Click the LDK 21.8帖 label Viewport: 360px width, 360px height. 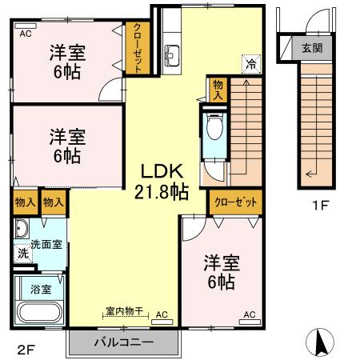[x=165, y=181]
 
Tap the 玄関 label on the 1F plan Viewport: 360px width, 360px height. [x=312, y=46]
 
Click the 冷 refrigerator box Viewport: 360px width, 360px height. [x=251, y=63]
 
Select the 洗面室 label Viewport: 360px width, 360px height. [x=46, y=244]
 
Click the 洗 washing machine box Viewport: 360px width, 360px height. [x=22, y=253]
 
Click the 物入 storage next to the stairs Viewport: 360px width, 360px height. [x=217, y=87]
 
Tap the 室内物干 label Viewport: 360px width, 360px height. [x=124, y=310]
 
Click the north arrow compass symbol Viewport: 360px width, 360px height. [x=322, y=343]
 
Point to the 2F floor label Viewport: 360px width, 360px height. [x=26, y=348]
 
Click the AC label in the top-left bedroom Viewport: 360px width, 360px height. [x=26, y=33]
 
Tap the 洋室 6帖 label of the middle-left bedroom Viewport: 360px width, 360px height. [x=66, y=145]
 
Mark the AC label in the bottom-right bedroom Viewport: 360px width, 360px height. [x=249, y=314]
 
